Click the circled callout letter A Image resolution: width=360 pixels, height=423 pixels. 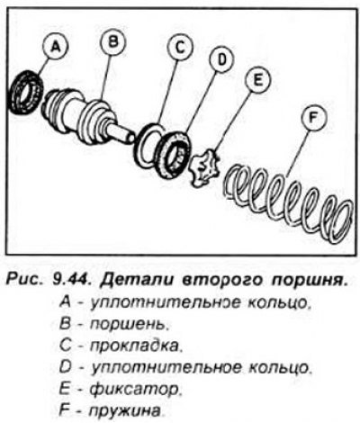[55, 48]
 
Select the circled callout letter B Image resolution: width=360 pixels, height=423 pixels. [112, 42]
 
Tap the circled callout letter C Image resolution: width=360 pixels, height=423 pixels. [180, 47]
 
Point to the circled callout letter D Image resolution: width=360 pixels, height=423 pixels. [220, 59]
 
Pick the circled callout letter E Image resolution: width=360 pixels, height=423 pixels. [258, 80]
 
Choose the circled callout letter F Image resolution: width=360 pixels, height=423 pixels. [313, 118]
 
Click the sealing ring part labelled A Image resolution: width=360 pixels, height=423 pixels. [25, 92]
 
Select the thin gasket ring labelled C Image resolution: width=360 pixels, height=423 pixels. [149, 144]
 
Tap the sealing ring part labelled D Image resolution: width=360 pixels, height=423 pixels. [175, 155]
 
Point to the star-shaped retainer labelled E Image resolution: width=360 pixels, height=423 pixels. [204, 169]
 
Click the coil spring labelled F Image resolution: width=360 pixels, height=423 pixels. [287, 203]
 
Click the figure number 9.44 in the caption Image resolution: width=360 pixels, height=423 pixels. [70, 282]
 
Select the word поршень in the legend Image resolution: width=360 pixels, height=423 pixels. [128, 324]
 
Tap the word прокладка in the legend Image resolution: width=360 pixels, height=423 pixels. [136, 346]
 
